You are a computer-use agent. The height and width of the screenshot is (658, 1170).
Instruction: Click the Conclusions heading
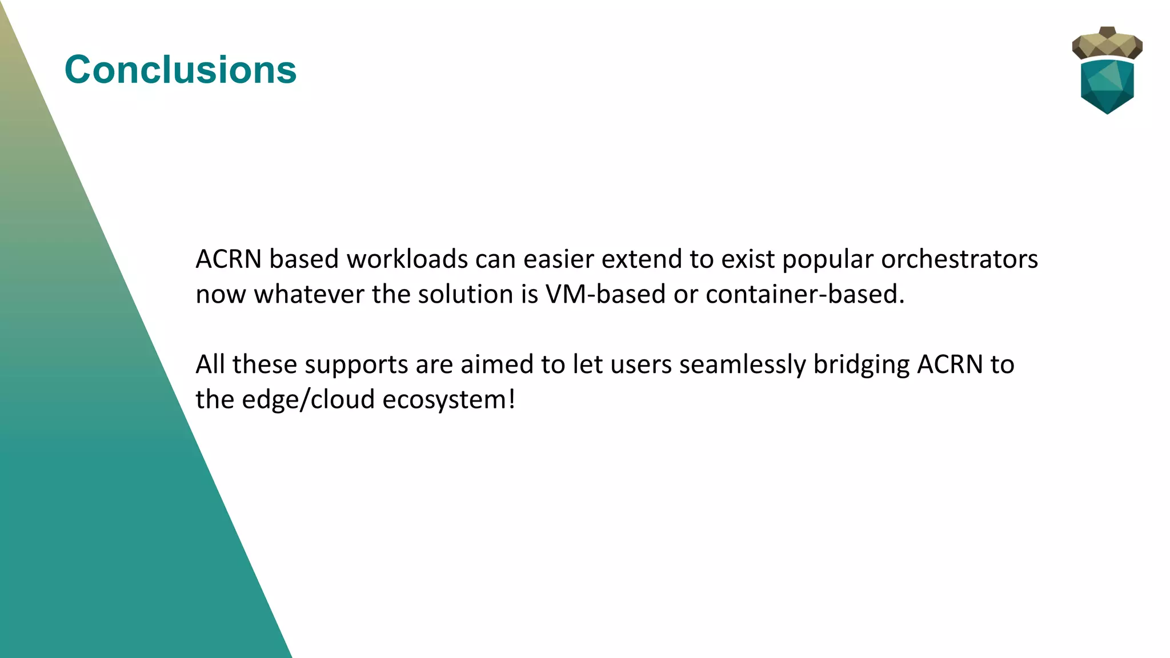coord(181,70)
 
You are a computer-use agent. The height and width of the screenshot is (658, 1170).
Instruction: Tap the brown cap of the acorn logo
coord(1107,43)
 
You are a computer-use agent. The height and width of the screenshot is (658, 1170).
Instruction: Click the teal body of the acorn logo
coord(1107,86)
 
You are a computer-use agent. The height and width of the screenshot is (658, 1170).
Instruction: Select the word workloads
coord(407,259)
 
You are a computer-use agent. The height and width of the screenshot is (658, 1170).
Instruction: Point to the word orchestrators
coord(959,259)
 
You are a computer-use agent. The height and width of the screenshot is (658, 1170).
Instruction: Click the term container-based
coord(805,295)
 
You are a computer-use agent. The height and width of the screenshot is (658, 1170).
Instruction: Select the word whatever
coord(309,295)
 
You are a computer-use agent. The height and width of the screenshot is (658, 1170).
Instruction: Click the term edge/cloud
coord(308,400)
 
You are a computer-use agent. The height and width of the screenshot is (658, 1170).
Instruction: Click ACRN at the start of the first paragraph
coord(229,259)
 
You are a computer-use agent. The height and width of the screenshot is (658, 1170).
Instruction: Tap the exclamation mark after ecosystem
coord(512,399)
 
